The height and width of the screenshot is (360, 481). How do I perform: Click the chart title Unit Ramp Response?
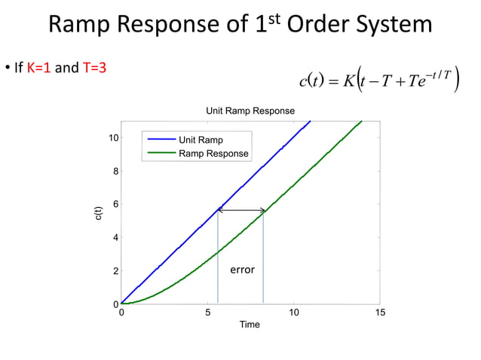[250, 111]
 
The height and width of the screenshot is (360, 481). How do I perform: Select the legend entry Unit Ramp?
[200, 140]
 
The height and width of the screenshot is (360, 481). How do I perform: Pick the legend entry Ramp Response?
[213, 154]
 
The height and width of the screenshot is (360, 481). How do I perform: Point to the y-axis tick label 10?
[112, 139]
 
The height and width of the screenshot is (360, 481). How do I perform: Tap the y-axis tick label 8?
[115, 172]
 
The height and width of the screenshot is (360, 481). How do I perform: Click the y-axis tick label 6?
[115, 205]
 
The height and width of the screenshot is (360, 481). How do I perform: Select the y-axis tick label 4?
[115, 238]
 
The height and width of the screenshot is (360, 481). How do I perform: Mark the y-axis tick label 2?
[115, 271]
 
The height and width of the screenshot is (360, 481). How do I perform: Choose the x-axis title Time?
[250, 325]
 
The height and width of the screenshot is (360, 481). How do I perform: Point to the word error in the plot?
[242, 269]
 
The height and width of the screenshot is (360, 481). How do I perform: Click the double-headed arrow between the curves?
[241, 210]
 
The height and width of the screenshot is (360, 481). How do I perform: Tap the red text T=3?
[94, 69]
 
